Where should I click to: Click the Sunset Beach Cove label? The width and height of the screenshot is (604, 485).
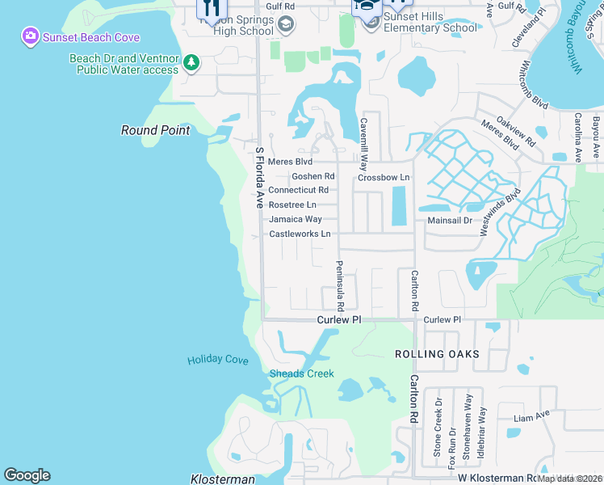(x=91, y=37)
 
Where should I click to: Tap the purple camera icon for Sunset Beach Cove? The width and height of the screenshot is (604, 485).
(x=30, y=36)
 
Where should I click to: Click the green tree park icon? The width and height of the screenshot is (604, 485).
(x=191, y=62)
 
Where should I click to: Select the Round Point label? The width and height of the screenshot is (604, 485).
(x=156, y=130)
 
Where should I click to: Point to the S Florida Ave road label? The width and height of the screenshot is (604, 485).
(x=260, y=177)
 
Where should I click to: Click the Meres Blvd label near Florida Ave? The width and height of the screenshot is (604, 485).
(x=290, y=162)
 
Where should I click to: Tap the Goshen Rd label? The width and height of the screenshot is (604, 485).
(x=312, y=176)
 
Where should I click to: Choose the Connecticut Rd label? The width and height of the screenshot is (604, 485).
(x=298, y=190)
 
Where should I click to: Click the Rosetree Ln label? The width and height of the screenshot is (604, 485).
(x=292, y=205)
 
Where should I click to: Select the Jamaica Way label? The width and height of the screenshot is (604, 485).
(x=295, y=219)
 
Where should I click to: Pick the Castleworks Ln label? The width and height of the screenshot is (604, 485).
(x=300, y=234)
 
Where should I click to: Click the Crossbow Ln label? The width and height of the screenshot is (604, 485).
(x=384, y=177)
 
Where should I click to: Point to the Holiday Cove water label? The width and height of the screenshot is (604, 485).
(x=218, y=360)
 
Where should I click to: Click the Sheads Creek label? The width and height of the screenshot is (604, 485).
(x=301, y=373)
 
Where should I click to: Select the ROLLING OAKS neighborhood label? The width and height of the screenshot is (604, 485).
(x=437, y=354)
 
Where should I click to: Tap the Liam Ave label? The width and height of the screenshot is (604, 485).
(x=532, y=418)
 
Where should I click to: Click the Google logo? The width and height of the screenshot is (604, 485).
(x=27, y=475)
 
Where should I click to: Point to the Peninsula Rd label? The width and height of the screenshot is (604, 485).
(x=341, y=286)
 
